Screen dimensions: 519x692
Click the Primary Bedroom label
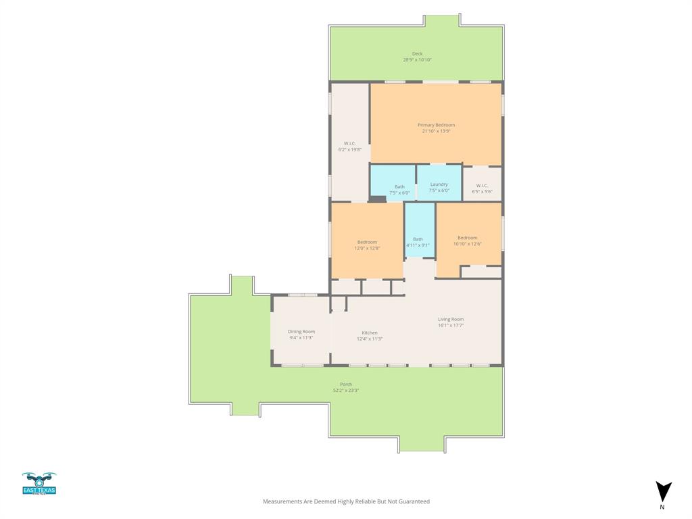[436, 125]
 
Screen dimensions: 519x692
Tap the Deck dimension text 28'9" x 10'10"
[417, 60]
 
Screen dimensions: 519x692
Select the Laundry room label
[439, 184]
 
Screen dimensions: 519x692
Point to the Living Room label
[451, 319]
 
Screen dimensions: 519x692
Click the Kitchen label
[370, 332]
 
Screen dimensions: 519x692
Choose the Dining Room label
[301, 331]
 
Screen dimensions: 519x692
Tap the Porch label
[346, 384]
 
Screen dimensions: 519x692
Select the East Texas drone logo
[39, 483]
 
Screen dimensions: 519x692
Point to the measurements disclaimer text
[346, 501]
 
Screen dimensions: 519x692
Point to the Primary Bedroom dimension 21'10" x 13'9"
[436, 131]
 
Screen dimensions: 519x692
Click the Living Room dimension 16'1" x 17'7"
[451, 325]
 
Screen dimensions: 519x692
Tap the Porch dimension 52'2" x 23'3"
[346, 390]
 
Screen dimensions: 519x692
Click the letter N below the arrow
[662, 507]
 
